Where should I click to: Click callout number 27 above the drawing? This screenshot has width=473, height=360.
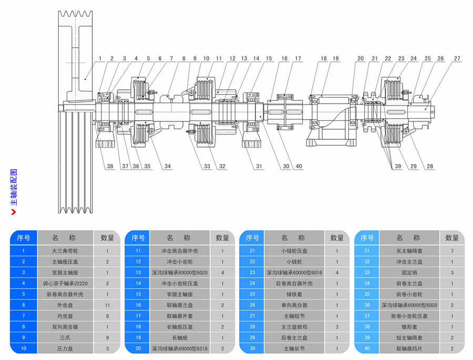[x=457, y=58]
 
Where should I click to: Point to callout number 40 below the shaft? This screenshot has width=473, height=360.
[x=299, y=167]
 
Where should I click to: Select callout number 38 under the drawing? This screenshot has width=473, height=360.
[x=110, y=167]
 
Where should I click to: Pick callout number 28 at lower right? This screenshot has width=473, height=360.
[x=430, y=167]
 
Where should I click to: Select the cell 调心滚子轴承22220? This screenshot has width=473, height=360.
[x=68, y=283]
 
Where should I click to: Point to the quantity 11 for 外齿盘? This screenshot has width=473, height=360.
[x=107, y=305]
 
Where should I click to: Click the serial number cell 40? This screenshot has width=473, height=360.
[x=367, y=348]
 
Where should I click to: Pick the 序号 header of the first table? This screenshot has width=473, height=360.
[x=24, y=238]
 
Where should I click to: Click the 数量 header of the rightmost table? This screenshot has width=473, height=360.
[x=451, y=238]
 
